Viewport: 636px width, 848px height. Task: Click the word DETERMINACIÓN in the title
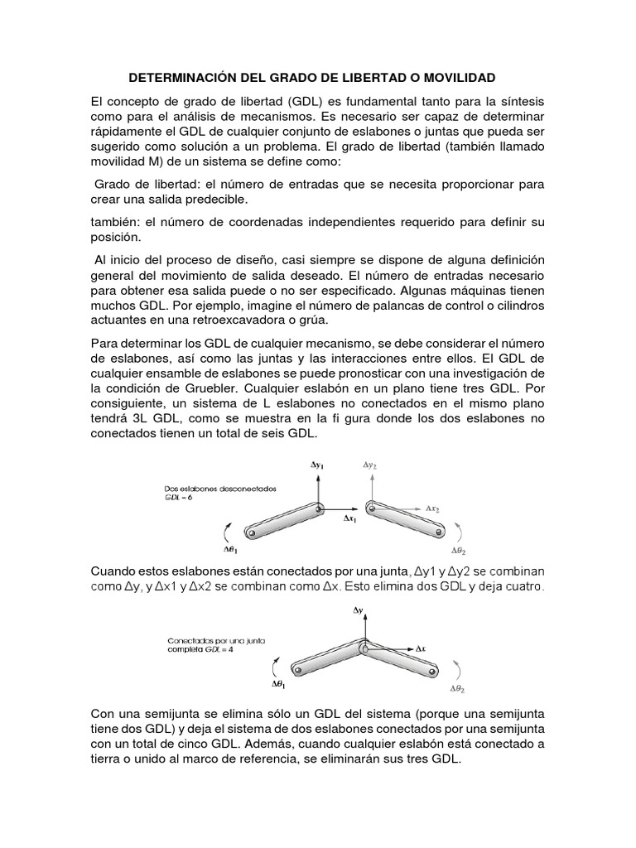click(180, 78)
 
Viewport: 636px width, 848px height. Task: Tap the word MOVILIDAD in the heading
click(456, 78)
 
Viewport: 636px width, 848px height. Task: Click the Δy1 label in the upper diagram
click(318, 466)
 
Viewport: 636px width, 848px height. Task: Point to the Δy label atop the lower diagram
click(358, 610)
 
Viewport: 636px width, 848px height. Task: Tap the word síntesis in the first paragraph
click(518, 100)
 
